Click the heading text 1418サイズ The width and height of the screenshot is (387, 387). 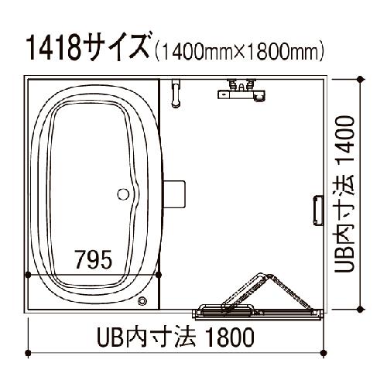coord(88,47)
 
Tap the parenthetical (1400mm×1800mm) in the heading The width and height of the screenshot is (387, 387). coord(239,51)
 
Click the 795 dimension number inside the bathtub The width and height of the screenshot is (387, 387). coord(94,259)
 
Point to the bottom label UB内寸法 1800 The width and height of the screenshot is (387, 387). coord(176,337)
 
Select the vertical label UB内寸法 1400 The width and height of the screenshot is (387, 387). coord(344,194)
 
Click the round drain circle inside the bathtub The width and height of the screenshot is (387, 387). coord(123,194)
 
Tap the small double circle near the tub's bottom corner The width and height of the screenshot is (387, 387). coord(142,301)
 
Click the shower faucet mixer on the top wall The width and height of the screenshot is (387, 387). coord(241,90)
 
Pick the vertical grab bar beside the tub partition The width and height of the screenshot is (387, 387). coord(176,94)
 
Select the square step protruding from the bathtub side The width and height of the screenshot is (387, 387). coord(174,194)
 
